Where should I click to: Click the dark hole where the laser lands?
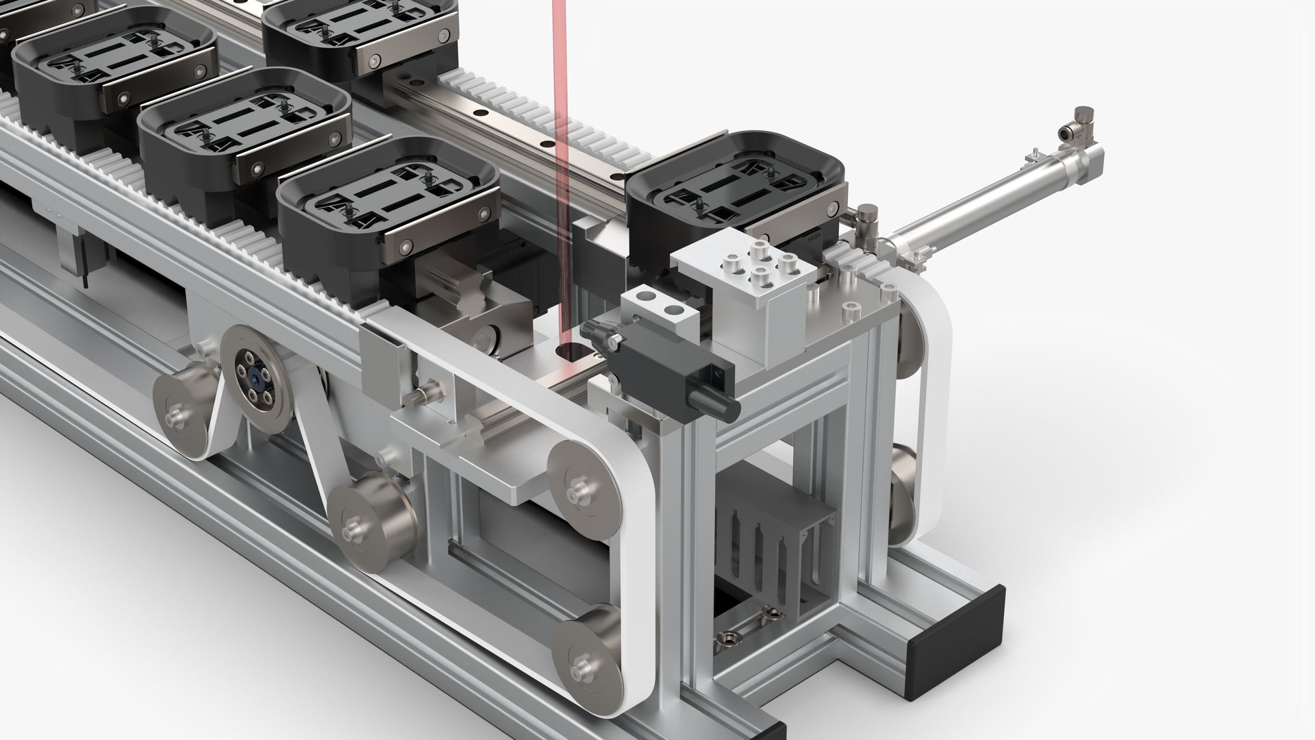coord(571,351)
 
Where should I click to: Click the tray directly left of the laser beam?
coord(387,206)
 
